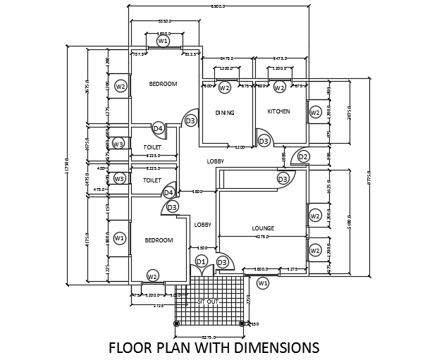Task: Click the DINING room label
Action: tap(225, 113)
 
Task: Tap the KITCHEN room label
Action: tap(278, 112)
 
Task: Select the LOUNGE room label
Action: tap(263, 228)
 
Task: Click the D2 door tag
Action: tap(303, 156)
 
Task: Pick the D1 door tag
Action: tap(201, 262)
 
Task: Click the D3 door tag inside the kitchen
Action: tap(264, 142)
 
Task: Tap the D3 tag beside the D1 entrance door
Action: tap(222, 263)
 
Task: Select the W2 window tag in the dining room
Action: tap(224, 88)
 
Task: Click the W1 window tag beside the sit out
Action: tap(263, 283)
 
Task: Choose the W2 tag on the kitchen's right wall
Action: tap(315, 113)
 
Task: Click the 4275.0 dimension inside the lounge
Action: tap(262, 237)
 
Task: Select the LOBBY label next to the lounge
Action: tap(203, 225)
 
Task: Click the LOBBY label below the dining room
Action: tap(215, 161)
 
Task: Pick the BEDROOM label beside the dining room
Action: tap(163, 84)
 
